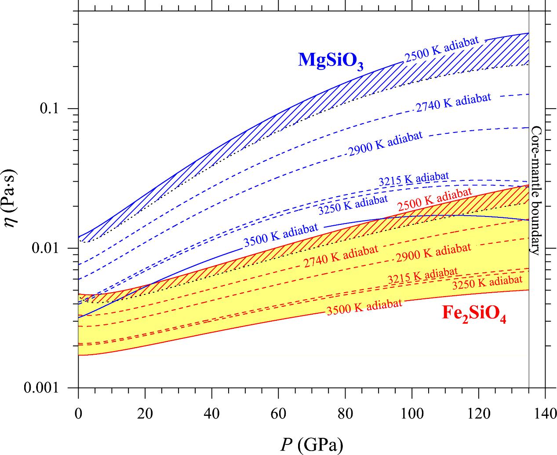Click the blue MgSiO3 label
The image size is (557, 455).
point(331,60)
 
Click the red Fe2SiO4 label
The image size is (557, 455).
point(473,315)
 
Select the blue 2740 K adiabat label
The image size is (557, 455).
point(453,103)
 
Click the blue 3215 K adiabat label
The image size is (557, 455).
point(413,179)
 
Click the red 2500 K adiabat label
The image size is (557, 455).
point(434,198)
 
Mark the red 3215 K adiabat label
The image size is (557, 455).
point(422,275)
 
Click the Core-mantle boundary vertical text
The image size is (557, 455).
point(536,190)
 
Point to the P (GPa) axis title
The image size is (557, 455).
point(312,445)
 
